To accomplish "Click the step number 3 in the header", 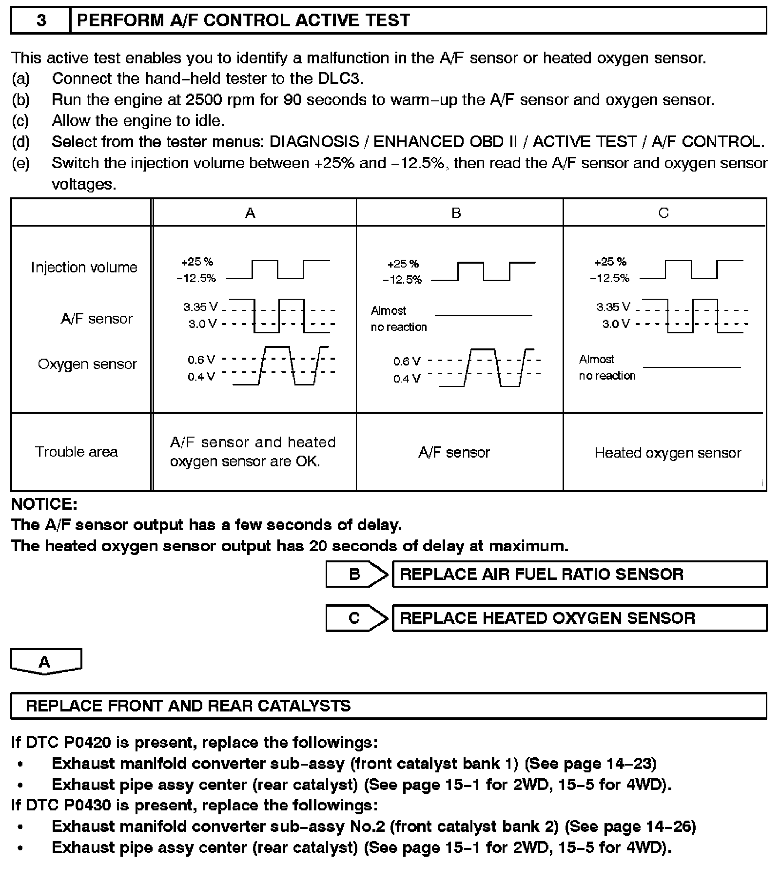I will pyautogui.click(x=41, y=20).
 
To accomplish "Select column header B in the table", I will pyautogui.click(x=456, y=213).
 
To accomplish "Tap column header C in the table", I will pyautogui.click(x=663, y=213).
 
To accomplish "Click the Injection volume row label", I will pyautogui.click(x=84, y=268).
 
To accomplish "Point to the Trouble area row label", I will pyautogui.click(x=77, y=452).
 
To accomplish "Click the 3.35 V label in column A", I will pyautogui.click(x=200, y=307).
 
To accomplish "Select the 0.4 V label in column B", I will pyautogui.click(x=407, y=379).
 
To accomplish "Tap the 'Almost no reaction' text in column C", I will pyautogui.click(x=607, y=367).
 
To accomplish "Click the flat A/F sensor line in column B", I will pyautogui.click(x=483, y=316).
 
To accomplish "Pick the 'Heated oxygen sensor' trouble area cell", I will pyautogui.click(x=667, y=453).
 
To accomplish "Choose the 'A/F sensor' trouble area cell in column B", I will pyautogui.click(x=454, y=453).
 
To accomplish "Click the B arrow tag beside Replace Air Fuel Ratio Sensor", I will pyautogui.click(x=356, y=574).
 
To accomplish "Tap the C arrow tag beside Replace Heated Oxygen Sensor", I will pyautogui.click(x=356, y=618).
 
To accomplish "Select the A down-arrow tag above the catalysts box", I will pyautogui.click(x=45, y=662).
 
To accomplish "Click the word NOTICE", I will pyautogui.click(x=44, y=503).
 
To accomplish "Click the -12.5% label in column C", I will pyautogui.click(x=609, y=278).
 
